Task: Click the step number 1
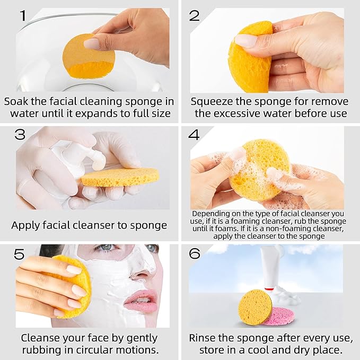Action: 22,15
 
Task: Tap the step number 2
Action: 194,15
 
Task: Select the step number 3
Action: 20,135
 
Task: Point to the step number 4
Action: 194,135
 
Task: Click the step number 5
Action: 20,254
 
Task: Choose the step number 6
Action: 195,254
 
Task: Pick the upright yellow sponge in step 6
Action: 254,307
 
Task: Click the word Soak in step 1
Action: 16,101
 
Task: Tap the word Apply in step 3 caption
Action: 26,225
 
